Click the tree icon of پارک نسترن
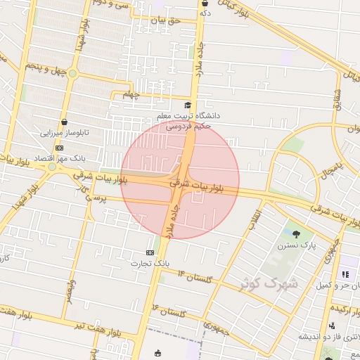295,234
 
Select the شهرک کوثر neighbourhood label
269,283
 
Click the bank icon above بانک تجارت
150,252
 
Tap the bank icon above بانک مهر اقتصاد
59,148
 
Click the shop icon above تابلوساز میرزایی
64,122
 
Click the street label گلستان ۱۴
195,276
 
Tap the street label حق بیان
168,20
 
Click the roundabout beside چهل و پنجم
72,73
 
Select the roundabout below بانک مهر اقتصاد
51,167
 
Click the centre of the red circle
180,179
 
